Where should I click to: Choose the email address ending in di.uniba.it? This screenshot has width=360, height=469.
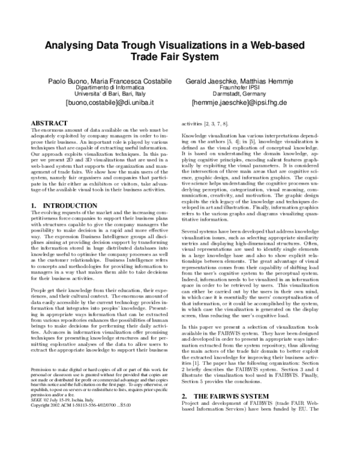(101, 103)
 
